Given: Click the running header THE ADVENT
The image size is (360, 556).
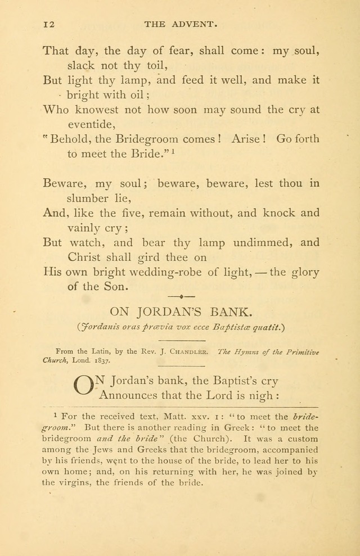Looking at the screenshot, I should tap(181, 24).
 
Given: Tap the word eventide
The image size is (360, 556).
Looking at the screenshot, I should tap(91, 124).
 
